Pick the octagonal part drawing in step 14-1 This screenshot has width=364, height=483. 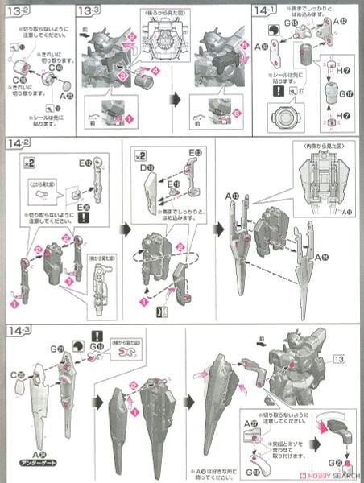pyautogui.click(x=280, y=111)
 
